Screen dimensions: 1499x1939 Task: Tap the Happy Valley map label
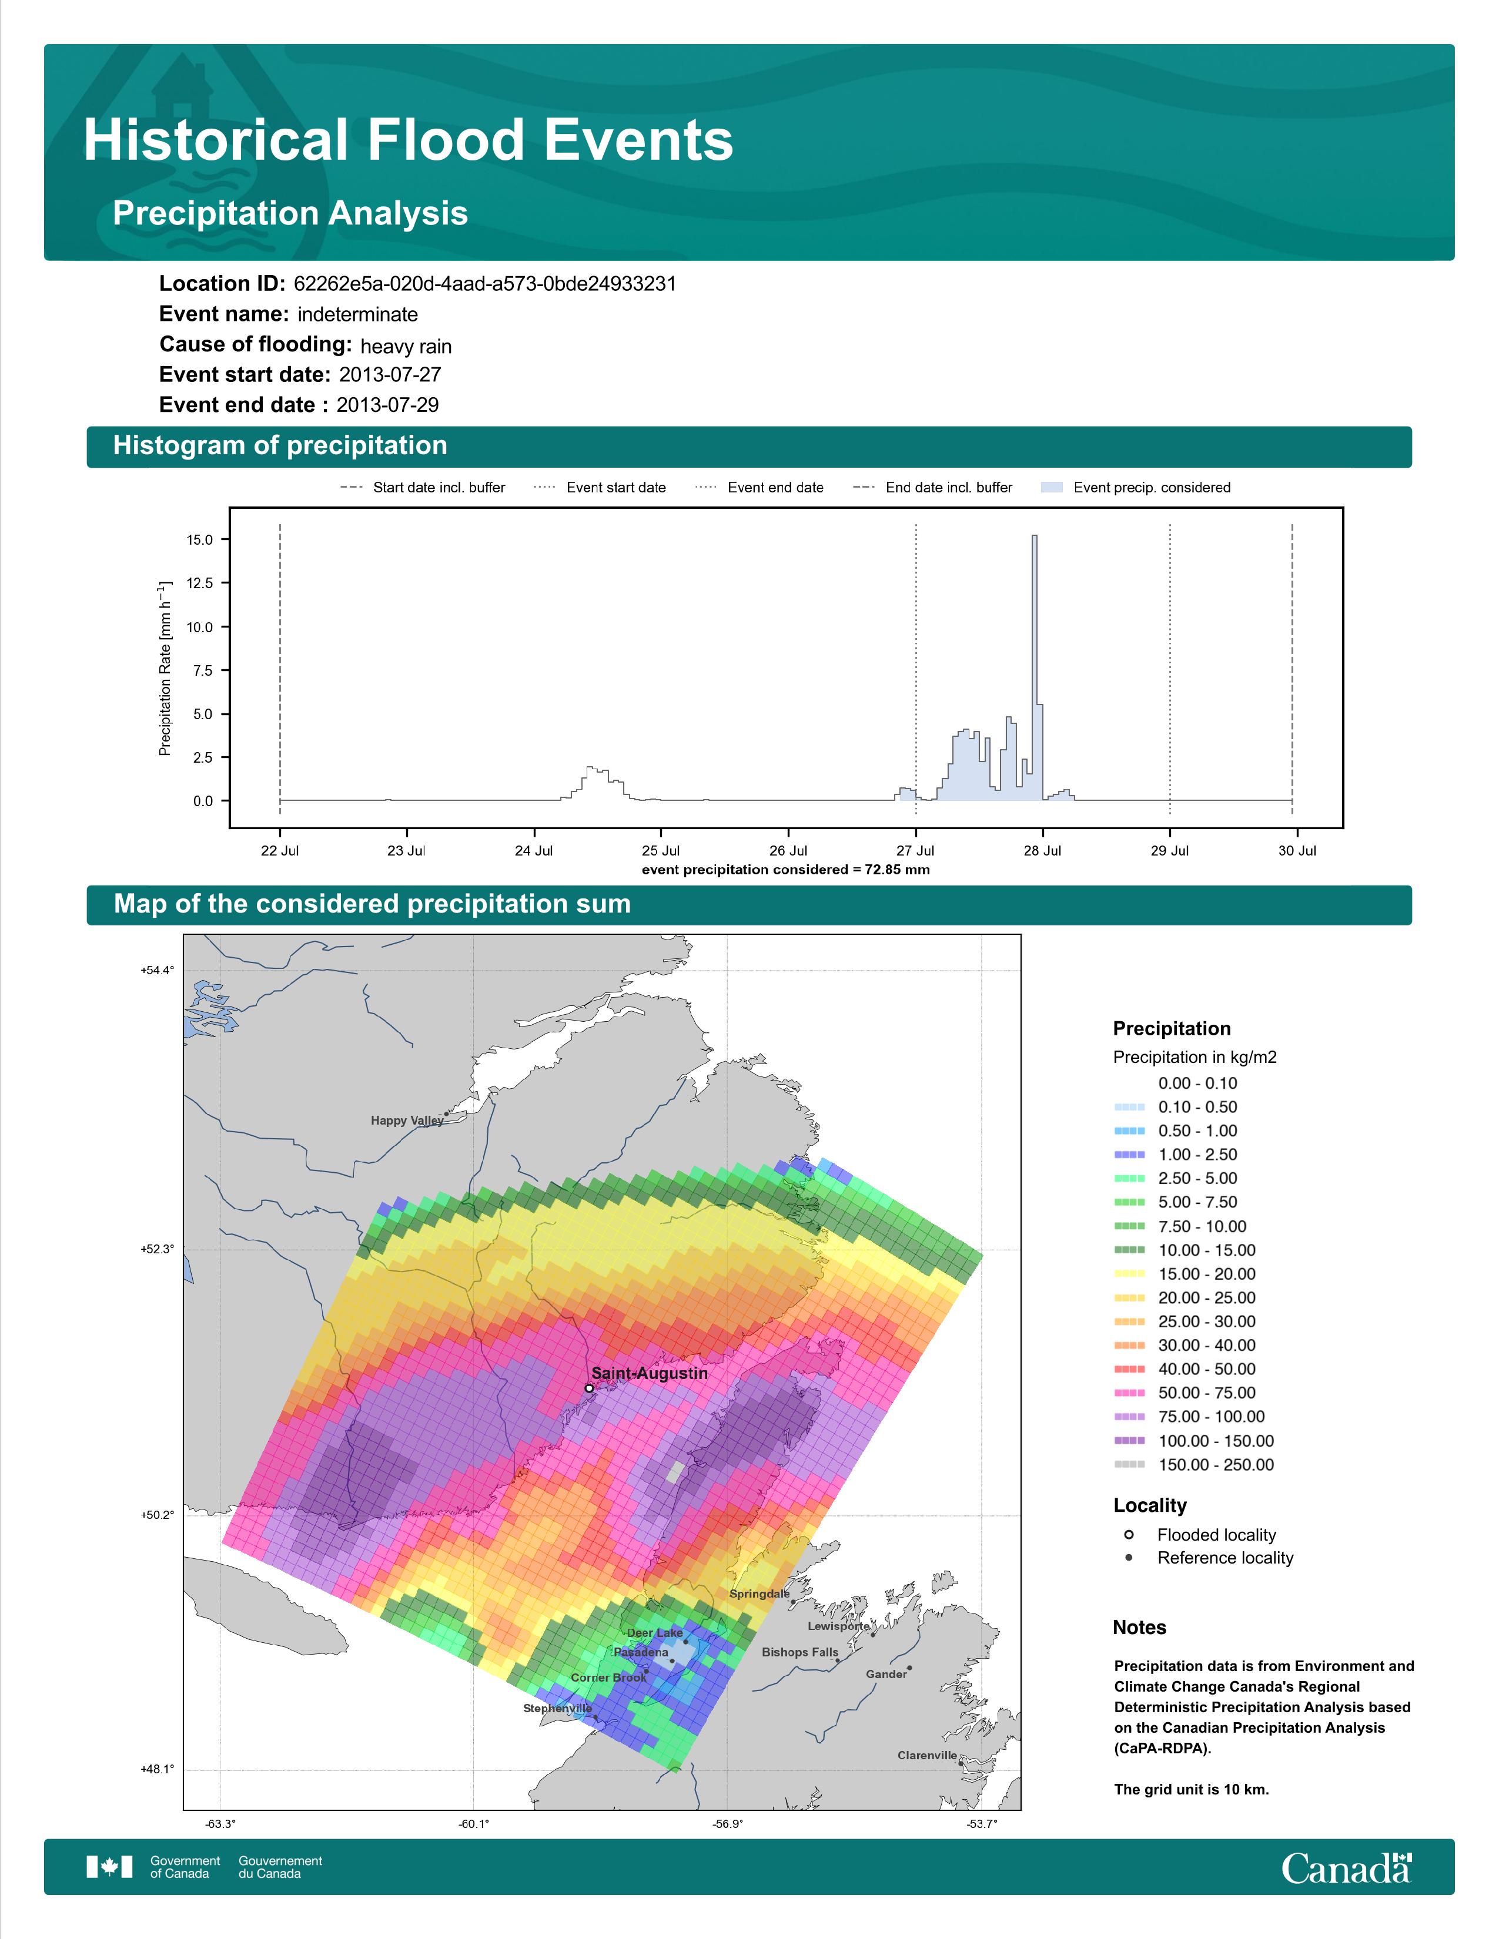(407, 1121)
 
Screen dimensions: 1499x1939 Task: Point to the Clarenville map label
(927, 1755)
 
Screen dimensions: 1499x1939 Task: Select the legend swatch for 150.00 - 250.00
(1129, 1465)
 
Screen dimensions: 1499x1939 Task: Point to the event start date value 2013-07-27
(390, 375)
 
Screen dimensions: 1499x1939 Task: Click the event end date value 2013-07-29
(387, 405)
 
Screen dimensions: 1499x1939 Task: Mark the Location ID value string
(485, 284)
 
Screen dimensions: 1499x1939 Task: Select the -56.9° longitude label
(727, 1824)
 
